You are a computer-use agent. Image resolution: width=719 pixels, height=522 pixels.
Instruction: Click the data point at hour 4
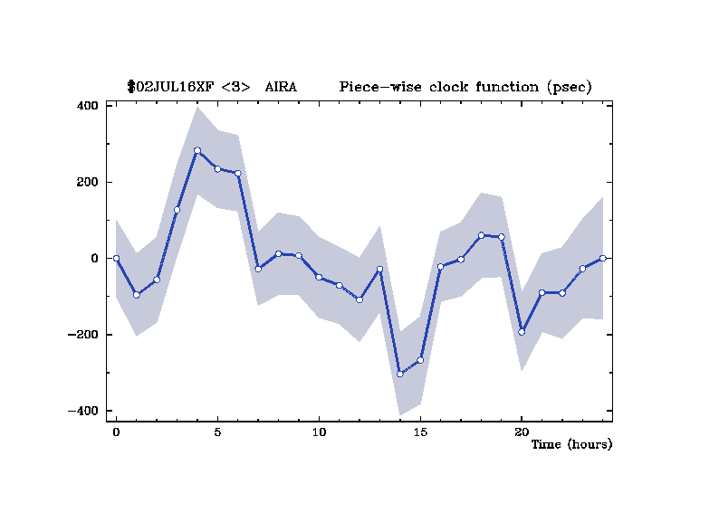[x=197, y=150]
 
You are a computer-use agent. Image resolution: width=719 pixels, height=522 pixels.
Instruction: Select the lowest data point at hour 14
[x=400, y=374]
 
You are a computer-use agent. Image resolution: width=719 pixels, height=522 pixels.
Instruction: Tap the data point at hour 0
[x=116, y=258]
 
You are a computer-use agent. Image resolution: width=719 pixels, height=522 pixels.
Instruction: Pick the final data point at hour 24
[x=602, y=258]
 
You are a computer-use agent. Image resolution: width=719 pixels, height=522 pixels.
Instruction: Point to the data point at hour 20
[x=522, y=332]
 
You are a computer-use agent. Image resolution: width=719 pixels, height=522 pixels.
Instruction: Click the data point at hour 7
[x=258, y=269]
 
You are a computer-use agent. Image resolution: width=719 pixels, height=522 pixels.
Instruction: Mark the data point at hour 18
[x=481, y=235]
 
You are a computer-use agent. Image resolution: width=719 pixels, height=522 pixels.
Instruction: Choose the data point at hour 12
[x=359, y=299]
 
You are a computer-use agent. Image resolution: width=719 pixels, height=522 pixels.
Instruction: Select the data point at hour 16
[x=440, y=267]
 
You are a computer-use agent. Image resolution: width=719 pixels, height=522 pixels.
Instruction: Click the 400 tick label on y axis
[x=87, y=106]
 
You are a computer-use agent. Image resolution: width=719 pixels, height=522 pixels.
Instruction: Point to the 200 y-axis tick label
[x=87, y=182]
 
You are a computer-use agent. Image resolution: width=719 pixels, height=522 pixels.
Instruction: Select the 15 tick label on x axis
[x=420, y=432]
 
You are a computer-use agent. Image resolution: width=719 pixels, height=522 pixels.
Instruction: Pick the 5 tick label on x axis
[x=217, y=432]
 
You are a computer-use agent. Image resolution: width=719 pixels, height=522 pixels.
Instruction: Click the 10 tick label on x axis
[x=319, y=432]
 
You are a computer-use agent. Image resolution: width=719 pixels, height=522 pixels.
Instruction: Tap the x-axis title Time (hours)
[x=571, y=444]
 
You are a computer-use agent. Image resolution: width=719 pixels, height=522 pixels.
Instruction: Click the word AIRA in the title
[x=280, y=87]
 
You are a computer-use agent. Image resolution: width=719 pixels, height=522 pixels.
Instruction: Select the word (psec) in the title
[x=570, y=87]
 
